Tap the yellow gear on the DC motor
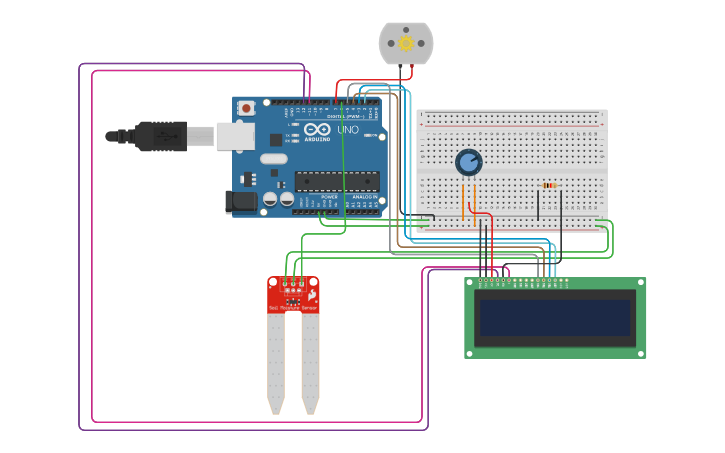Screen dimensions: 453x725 (406, 43)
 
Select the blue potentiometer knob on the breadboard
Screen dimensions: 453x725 (468, 162)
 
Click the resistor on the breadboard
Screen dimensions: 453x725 (548, 185)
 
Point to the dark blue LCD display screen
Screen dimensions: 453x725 (555, 318)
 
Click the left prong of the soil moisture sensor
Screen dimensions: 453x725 (276, 365)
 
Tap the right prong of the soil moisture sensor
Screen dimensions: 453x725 (310, 365)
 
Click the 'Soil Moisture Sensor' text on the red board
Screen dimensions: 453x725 (293, 309)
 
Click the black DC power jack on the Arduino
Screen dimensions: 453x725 (241, 200)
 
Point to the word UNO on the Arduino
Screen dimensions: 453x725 (348, 130)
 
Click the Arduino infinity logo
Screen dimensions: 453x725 (318, 130)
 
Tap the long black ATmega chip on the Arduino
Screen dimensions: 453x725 (336, 181)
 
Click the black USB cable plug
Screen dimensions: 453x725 (160, 136)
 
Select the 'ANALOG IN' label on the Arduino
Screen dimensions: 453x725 (365, 197)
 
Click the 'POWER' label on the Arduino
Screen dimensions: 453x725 (329, 197)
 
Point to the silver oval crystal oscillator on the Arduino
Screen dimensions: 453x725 (273, 158)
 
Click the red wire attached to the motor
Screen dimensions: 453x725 (410, 73)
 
